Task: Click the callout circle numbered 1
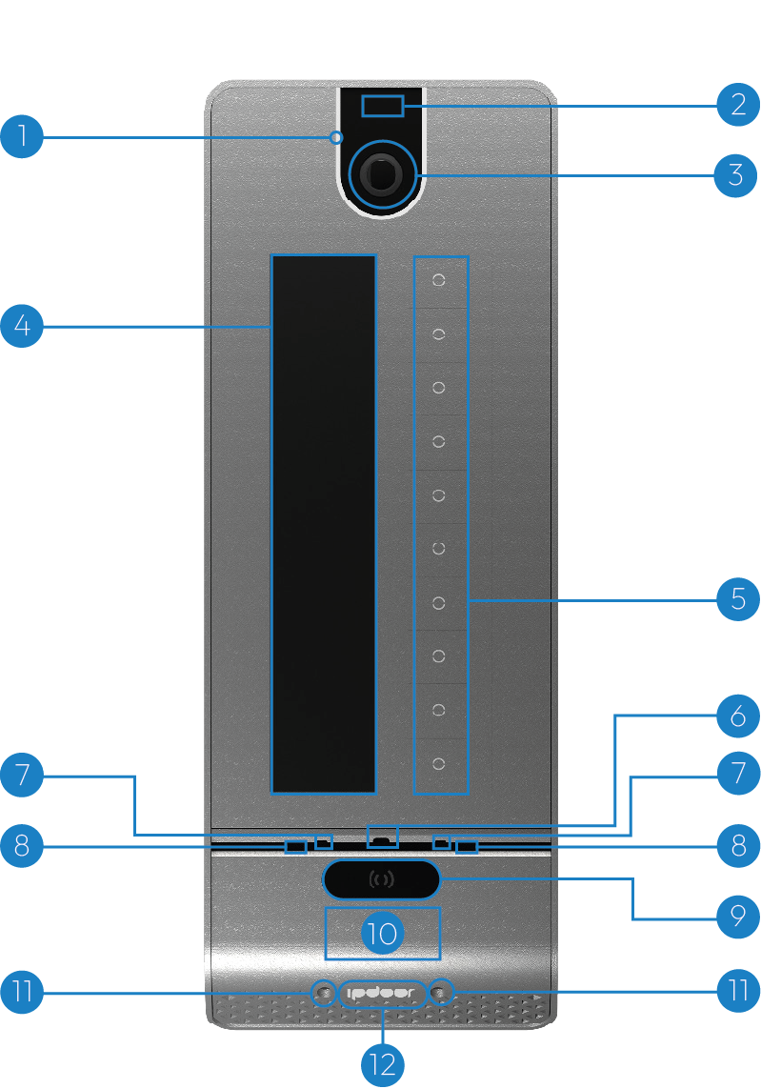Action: [22, 137]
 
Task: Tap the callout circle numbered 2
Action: [738, 105]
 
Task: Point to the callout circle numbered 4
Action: [22, 328]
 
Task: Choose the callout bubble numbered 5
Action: [738, 600]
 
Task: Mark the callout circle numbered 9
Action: [738, 918]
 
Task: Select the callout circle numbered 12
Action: [382, 1064]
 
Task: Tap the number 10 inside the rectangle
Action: [382, 933]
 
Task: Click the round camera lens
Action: [382, 174]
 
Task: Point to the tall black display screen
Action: [324, 523]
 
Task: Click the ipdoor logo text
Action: [382, 993]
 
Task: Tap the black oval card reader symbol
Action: [382, 879]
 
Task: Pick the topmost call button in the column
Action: [439, 281]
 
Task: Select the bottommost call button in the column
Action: [439, 764]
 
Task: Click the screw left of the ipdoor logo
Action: [325, 993]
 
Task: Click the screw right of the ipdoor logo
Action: [439, 993]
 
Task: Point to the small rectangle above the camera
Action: [382, 106]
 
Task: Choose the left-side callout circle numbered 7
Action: [22, 776]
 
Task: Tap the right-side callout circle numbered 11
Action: [738, 991]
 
